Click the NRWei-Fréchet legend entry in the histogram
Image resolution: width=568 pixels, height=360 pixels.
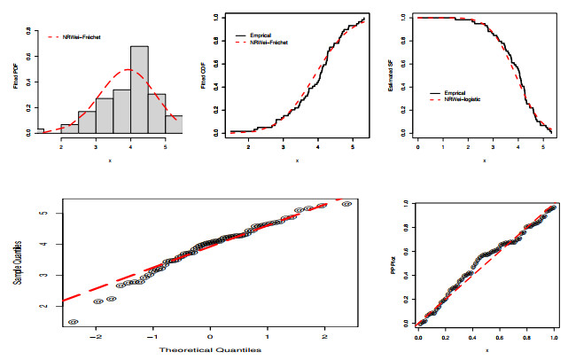click(x=82, y=37)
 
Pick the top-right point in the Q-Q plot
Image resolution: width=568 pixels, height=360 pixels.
click(x=346, y=204)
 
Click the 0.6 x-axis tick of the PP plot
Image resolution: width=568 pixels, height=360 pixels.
click(x=501, y=338)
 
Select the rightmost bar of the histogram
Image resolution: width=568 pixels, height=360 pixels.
click(x=174, y=124)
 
